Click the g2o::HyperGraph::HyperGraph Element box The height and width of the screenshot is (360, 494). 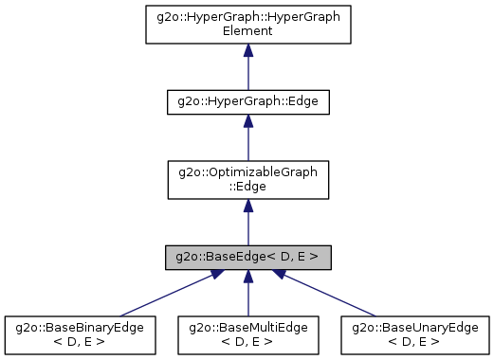[247, 24]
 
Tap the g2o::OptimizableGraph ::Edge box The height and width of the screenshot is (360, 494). [247, 179]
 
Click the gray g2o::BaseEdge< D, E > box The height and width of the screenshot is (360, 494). [247, 257]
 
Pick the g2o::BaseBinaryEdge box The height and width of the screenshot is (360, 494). [80, 334]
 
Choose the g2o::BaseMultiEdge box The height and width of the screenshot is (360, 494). [247, 334]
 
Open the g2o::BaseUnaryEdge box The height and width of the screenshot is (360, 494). [415, 334]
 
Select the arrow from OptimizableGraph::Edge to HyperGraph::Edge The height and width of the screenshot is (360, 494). [247, 142]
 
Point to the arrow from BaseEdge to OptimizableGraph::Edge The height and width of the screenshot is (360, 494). [247, 223]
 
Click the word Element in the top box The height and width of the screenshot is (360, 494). [247, 30]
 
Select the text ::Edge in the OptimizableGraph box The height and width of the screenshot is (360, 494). [247, 186]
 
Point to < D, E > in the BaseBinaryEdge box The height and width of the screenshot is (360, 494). [80, 341]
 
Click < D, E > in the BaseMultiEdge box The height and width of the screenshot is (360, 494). [247, 341]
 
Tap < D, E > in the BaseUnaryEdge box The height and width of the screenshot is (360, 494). [415, 341]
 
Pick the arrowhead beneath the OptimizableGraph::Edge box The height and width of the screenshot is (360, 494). [247, 206]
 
